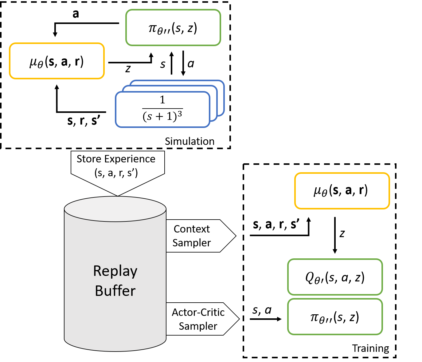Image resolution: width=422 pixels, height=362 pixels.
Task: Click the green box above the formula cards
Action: point(173,28)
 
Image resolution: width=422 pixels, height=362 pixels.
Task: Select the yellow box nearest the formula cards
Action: point(57,61)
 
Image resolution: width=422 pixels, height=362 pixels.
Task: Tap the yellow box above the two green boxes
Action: point(342,191)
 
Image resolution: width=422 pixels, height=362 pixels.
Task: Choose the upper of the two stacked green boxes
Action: point(335,277)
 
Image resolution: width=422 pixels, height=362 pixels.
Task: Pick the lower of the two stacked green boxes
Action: point(335,316)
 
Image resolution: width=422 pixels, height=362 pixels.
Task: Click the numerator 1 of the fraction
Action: point(162,100)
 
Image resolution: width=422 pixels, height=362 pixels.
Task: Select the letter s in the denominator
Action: point(150,117)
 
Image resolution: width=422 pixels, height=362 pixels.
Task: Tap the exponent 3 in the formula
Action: point(180,114)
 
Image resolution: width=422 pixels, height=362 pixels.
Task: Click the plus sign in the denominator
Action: point(159,117)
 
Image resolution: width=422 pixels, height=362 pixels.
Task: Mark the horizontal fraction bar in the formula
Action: point(162,109)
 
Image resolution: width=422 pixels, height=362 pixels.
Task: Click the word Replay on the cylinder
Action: point(115,271)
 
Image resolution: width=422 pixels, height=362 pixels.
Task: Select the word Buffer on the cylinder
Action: point(115,291)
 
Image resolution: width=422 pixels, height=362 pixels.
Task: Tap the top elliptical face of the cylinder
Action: point(115,209)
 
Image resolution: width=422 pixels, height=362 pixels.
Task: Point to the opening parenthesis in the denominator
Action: point(144,117)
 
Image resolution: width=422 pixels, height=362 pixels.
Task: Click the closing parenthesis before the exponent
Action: point(175,117)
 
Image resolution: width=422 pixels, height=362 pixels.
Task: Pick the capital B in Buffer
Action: point(100,291)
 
